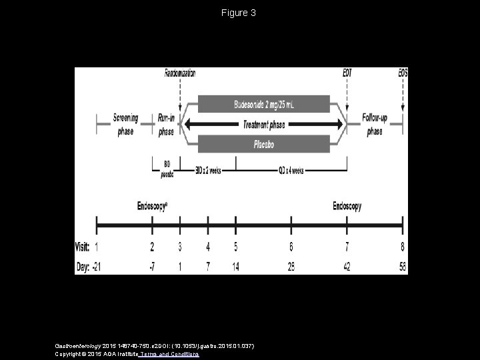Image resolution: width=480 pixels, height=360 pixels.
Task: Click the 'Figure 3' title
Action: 239,13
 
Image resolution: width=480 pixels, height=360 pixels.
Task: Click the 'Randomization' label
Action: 181,73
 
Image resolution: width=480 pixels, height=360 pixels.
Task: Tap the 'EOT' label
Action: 348,73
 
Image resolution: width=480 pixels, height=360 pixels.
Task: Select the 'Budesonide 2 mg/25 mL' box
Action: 264,103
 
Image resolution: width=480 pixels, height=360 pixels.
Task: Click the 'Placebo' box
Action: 264,143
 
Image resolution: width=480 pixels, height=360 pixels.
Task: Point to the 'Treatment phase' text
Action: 264,123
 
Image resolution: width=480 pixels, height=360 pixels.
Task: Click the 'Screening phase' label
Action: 125,124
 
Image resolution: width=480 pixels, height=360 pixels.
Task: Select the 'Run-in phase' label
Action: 166,124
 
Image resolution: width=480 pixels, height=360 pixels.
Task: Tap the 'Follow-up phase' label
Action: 375,124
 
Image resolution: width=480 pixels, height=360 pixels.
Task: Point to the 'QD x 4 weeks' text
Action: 291,170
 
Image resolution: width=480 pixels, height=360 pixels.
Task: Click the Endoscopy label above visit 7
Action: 347,207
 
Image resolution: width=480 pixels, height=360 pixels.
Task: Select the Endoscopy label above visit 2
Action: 153,207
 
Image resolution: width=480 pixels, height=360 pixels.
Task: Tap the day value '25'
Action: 291,267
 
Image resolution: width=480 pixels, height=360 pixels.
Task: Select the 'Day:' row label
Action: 82,267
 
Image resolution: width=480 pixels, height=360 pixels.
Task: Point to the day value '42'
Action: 347,267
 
